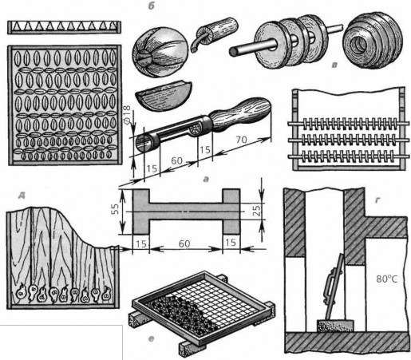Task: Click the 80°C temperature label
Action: coord(387,279)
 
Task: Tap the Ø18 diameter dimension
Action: coord(127,115)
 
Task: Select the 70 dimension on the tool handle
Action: coord(241,140)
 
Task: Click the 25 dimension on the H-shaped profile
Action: coord(256,211)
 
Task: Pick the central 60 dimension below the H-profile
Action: coord(184,243)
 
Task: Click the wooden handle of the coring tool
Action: coord(241,114)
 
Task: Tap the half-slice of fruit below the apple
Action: coord(163,96)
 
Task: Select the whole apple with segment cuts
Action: coord(160,52)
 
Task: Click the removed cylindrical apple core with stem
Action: coord(216,33)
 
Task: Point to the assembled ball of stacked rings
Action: coord(372,40)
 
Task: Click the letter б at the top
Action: coord(152,6)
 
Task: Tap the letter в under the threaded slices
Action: coord(335,65)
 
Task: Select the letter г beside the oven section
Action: coord(377,200)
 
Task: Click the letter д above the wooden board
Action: coord(22,196)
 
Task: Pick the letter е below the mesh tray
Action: coord(151,339)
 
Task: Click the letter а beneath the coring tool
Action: coord(206,180)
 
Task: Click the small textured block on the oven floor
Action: coord(335,326)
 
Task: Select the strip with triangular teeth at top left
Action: coord(64,27)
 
